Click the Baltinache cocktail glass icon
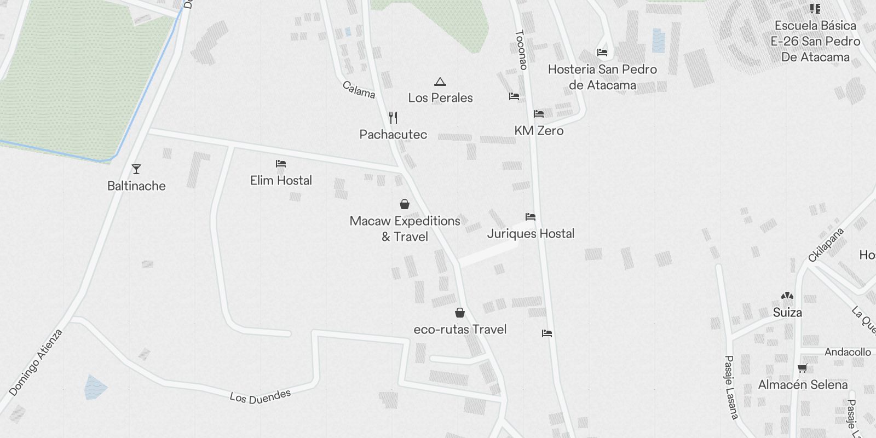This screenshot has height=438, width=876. [136, 169]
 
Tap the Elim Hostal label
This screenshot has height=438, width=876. [281, 181]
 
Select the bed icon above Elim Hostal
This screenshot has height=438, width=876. [281, 164]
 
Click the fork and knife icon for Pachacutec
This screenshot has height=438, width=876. [393, 118]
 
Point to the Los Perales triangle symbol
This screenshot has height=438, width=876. [440, 82]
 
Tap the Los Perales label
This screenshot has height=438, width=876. [440, 98]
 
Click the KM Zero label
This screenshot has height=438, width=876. [539, 131]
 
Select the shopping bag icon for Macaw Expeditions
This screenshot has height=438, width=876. [405, 205]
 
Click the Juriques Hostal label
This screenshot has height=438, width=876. [531, 234]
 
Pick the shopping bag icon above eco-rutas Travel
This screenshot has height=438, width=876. [460, 313]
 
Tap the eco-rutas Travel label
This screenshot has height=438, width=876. [460, 330]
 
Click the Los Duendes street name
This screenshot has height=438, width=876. [260, 396]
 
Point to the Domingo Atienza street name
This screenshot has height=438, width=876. [36, 362]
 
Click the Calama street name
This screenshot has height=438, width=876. [359, 90]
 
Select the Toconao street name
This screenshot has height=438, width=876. [521, 50]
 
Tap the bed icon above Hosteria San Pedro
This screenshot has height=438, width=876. [602, 53]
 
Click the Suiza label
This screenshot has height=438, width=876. [787, 313]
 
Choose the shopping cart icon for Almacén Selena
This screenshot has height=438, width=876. [803, 368]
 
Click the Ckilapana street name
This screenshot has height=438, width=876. [826, 245]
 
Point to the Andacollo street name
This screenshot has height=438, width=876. [848, 352]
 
